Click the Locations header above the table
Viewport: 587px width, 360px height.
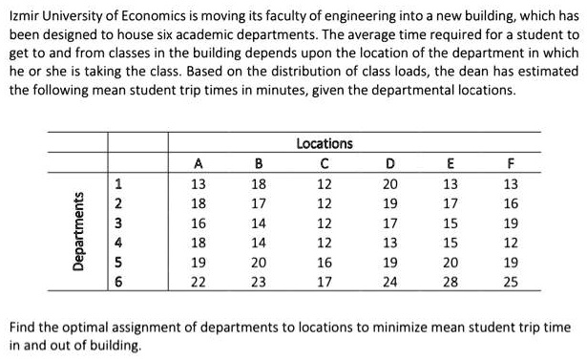(x=325, y=144)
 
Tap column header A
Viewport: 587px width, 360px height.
(x=198, y=162)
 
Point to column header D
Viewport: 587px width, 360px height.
(x=390, y=162)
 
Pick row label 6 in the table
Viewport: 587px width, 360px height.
(x=120, y=283)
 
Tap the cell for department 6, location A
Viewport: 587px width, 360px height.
(x=198, y=283)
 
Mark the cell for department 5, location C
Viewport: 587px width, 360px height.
(x=325, y=263)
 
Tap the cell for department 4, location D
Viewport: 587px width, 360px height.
(x=390, y=243)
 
